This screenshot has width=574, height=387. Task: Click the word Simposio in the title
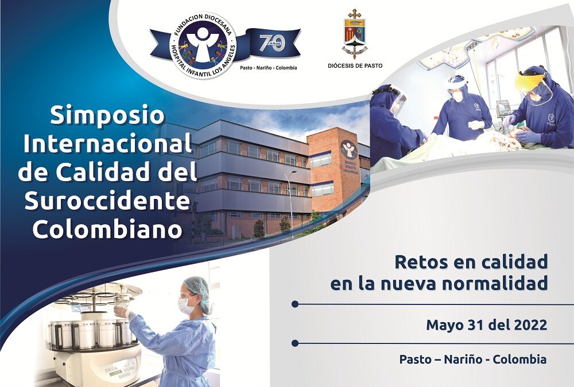[107, 116]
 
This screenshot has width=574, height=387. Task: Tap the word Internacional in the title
[107, 144]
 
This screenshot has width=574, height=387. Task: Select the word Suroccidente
[107, 201]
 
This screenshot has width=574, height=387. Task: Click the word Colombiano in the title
[107, 229]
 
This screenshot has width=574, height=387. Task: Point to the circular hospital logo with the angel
[203, 45]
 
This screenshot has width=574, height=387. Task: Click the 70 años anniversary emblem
[272, 43]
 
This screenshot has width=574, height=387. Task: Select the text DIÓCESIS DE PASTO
[355, 66]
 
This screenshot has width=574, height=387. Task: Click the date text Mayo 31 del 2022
[486, 325]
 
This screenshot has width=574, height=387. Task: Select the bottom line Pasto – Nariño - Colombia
[472, 359]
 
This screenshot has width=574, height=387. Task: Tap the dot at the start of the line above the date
[295, 304]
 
